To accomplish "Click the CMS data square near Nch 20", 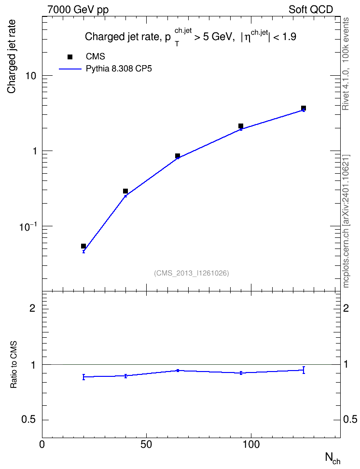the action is (83, 246).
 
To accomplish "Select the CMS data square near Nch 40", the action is (125, 191).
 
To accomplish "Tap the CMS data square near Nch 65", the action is (178, 156).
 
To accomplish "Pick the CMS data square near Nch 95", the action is (241, 126).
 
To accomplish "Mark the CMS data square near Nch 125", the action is (304, 108).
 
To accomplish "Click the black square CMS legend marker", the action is (70, 57).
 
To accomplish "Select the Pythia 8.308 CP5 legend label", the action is (119, 69).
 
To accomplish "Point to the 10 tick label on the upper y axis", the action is (30, 76).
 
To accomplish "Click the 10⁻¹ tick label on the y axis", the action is (28, 226).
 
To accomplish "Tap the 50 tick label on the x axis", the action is (146, 444).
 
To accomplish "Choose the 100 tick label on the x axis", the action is (250, 444).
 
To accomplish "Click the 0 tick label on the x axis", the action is (42, 444).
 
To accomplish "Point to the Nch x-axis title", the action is (332, 458).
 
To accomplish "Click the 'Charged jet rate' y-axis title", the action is (12, 57).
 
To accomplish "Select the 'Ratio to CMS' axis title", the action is (14, 365).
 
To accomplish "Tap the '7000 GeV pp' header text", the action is (78, 10).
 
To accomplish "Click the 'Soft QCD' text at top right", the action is (311, 10).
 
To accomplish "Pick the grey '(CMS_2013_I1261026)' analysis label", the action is (192, 273).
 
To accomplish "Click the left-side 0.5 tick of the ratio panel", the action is (28, 420).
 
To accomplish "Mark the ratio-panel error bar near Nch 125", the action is (304, 370).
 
